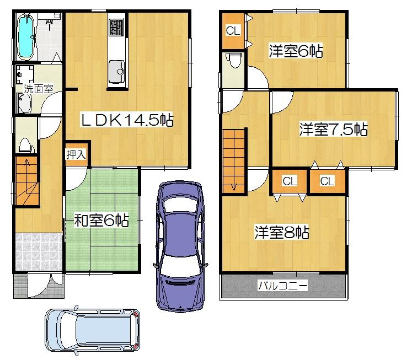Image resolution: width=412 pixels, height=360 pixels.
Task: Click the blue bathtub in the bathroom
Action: point(25,36)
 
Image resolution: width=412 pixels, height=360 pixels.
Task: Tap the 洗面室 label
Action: point(38,88)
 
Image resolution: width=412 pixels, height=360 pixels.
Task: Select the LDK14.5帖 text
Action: point(127,120)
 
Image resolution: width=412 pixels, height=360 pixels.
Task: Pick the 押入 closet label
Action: point(76,154)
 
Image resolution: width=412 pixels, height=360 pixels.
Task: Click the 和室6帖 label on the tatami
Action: point(101,221)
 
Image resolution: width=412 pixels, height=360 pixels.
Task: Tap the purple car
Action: point(180,245)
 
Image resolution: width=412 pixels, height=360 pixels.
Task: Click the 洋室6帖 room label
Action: point(296,51)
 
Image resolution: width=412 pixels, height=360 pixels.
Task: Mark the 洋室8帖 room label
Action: point(281,232)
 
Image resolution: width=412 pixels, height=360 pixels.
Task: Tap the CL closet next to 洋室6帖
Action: point(233,31)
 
